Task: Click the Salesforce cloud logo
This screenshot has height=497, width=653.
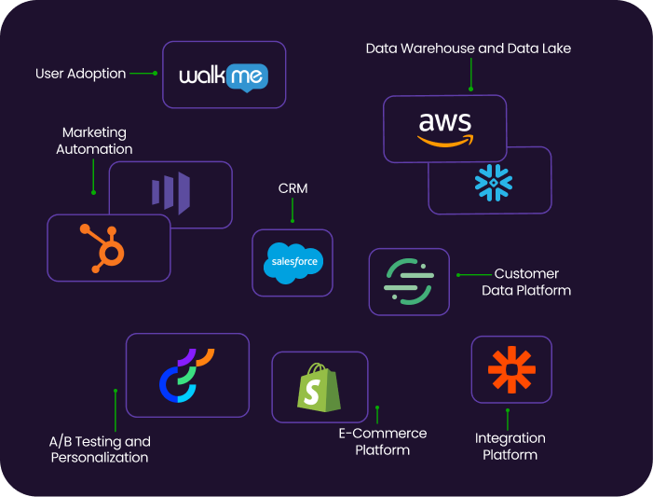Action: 292,262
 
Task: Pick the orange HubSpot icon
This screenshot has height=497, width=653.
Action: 109,247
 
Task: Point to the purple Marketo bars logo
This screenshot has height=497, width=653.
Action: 170,194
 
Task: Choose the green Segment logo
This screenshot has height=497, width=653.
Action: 409,282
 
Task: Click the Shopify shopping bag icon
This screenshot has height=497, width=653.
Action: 319,386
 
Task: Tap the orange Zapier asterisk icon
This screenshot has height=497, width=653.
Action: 511,369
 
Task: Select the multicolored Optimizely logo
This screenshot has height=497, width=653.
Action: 186,375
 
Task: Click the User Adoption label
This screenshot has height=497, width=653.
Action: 80,74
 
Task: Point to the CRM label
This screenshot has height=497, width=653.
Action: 292,189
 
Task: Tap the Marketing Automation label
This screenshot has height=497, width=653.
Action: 94,141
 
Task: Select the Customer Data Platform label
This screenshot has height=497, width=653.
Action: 526,282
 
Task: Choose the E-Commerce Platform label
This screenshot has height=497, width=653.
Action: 382,442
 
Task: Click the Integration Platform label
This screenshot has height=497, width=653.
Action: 510,446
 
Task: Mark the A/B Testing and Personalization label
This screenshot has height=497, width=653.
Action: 100,449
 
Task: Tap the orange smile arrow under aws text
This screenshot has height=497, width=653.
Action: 444,141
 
